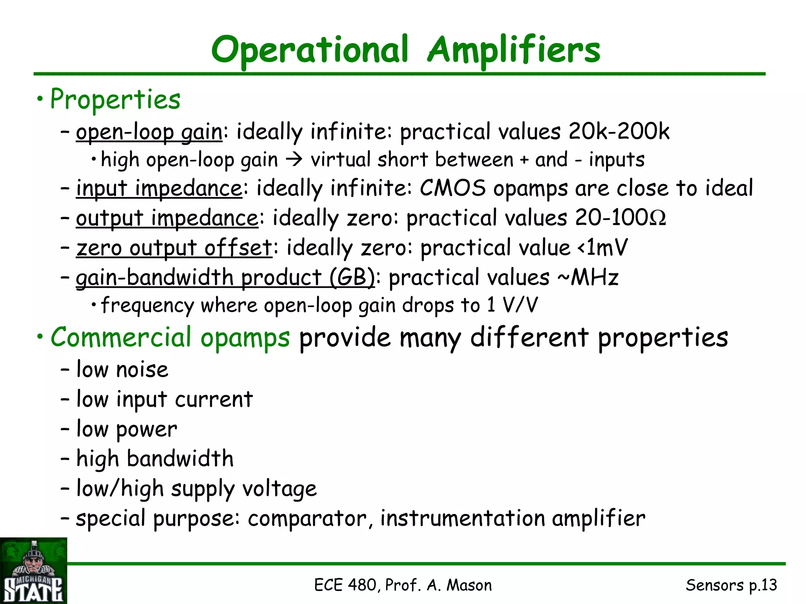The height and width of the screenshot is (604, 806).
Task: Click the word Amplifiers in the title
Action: click(x=514, y=50)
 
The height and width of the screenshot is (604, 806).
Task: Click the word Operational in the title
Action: click(x=310, y=50)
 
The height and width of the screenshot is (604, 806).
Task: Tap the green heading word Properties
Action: click(x=115, y=99)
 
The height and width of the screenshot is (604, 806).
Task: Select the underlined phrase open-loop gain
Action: click(x=149, y=132)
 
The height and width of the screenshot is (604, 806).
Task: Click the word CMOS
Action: click(x=453, y=188)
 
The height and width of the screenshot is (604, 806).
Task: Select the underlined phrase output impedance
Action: click(x=167, y=218)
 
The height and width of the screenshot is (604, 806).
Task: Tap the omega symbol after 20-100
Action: click(x=658, y=218)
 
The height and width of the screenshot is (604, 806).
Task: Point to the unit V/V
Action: click(x=520, y=305)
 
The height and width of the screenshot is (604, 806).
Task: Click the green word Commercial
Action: click(x=121, y=337)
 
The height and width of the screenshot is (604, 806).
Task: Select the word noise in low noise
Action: click(x=142, y=370)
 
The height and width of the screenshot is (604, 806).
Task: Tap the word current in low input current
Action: click(x=214, y=400)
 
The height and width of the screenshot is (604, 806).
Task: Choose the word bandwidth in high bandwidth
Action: click(x=180, y=459)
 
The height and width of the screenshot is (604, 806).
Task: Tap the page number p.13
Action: click(x=763, y=585)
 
